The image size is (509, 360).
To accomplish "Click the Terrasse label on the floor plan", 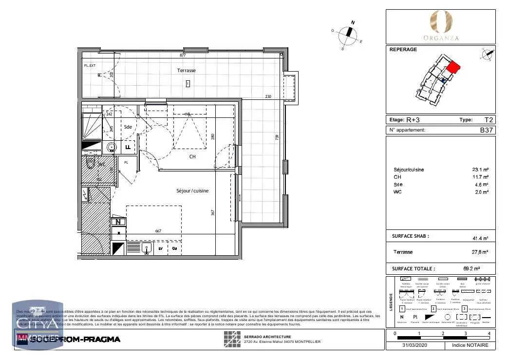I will point(186,71).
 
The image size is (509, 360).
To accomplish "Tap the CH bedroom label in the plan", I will point(192,157).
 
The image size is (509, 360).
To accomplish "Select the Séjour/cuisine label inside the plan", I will point(192,191).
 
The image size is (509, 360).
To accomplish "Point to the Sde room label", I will point(128,127).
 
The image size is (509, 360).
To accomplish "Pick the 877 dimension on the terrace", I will point(183,56).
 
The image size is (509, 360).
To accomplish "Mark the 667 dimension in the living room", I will point(158,231).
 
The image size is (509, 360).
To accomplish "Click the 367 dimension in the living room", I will point(213,213).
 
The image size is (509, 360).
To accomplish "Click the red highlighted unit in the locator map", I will point(452,67).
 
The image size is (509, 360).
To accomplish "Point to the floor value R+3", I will point(414,120).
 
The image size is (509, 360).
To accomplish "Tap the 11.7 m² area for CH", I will point(482,177).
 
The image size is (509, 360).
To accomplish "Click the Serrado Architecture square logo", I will point(232,339).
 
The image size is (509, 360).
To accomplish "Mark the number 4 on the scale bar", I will point(489,334).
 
